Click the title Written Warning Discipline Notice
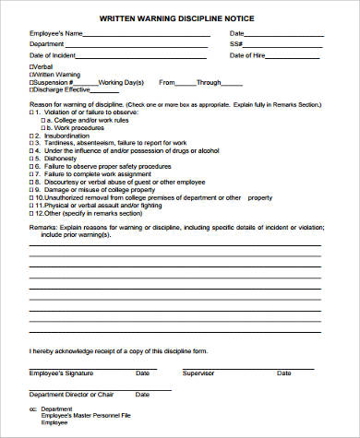[180, 18]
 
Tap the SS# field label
[235, 44]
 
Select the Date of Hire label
[248, 55]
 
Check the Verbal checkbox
[32, 66]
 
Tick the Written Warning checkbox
[32, 74]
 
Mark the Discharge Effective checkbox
[32, 89]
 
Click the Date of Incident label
[51, 55]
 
